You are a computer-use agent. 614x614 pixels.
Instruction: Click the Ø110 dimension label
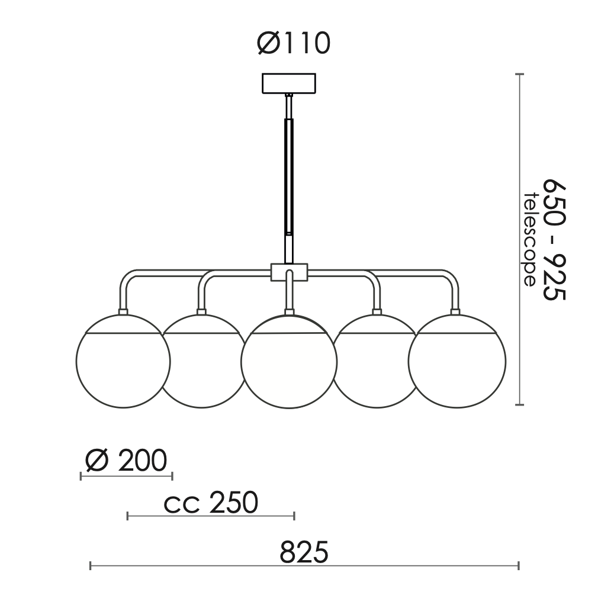click(294, 43)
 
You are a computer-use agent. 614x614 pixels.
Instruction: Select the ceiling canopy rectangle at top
click(289, 83)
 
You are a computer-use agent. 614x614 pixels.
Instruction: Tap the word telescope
click(529, 239)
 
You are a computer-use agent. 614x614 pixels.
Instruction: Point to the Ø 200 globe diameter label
click(126, 460)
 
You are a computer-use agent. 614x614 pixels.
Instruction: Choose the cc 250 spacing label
click(211, 502)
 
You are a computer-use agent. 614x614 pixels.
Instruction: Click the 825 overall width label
click(304, 552)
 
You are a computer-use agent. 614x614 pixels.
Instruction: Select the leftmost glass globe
click(123, 361)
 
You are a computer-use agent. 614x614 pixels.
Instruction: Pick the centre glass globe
click(289, 362)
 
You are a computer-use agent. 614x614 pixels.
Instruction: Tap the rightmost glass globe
click(457, 361)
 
